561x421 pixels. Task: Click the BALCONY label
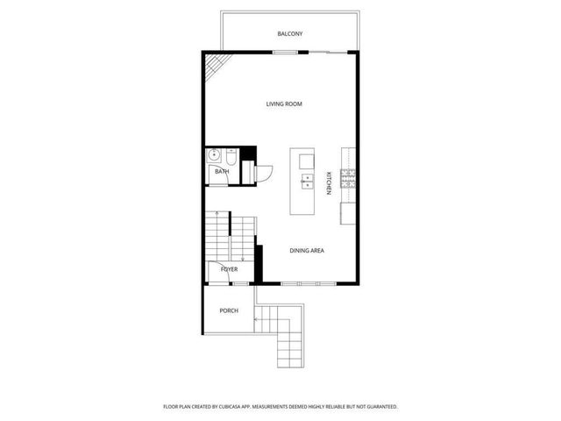290,33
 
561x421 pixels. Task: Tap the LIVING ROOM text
284,104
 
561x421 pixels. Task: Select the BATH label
222,172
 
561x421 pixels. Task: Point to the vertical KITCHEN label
329,182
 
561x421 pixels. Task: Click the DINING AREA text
308,251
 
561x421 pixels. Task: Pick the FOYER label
230,269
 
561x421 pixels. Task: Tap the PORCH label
229,310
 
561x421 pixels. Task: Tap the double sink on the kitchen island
308,182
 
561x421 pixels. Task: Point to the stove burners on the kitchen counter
348,182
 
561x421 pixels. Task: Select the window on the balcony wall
284,53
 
